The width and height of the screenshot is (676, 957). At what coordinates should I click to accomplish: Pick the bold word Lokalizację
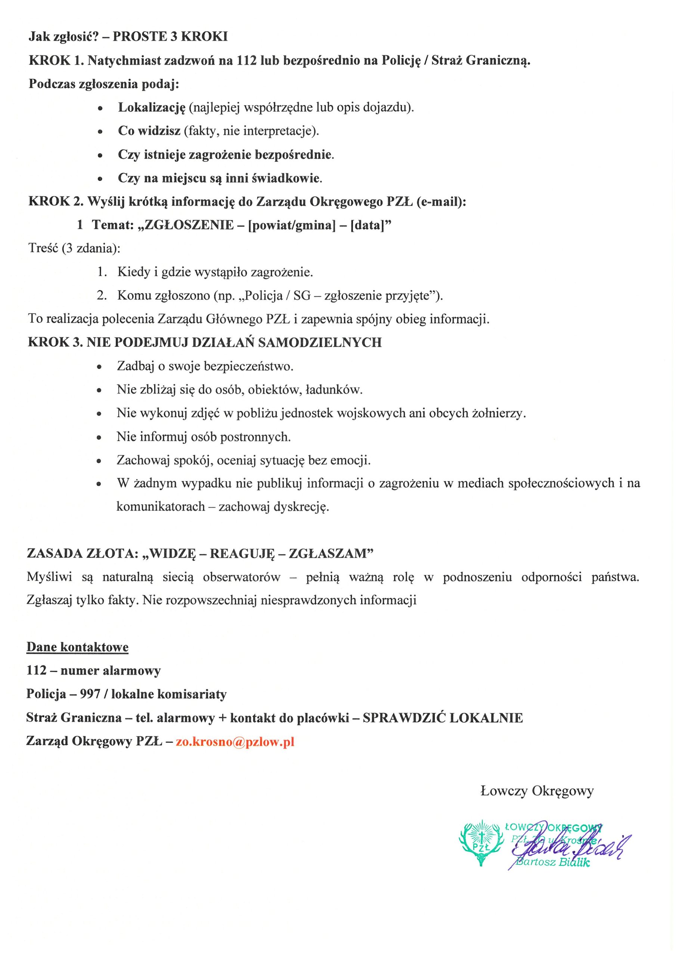151,108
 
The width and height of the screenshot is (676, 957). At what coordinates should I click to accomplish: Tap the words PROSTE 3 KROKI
170,37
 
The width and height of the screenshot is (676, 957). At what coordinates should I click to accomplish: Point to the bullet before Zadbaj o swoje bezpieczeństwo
99,367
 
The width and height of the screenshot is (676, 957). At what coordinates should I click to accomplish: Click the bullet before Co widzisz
100,132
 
